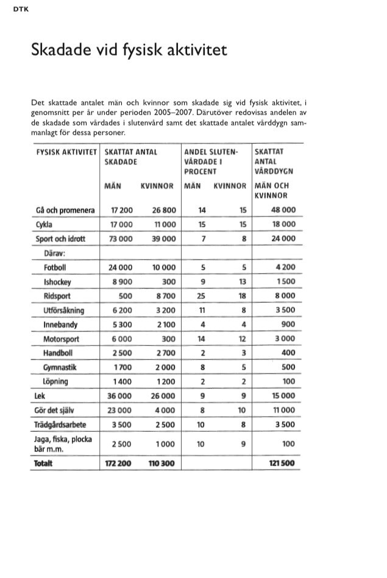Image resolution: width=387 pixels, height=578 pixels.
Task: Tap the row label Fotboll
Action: pos(55,267)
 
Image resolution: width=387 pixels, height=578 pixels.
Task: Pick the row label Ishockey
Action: pos(57,282)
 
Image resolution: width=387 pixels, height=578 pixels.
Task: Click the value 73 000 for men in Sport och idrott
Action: pos(121,239)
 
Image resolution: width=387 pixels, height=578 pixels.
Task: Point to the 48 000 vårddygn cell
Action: pos(283,210)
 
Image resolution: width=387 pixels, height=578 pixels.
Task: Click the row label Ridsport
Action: pos(57,296)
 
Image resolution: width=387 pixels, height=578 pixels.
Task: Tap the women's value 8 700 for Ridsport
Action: pos(165,296)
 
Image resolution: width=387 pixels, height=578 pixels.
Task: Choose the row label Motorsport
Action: pos(61,339)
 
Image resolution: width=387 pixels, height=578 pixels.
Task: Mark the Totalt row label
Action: pos(44,464)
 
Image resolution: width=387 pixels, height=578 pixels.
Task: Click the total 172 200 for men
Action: pos(119,464)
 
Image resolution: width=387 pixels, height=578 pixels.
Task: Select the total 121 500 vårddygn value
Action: pos(282,464)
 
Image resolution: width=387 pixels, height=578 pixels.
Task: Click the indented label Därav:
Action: pos(54,253)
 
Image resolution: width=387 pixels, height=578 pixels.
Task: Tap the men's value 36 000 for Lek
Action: pos(121,396)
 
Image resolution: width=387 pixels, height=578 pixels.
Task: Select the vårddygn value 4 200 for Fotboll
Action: pos(285,267)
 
